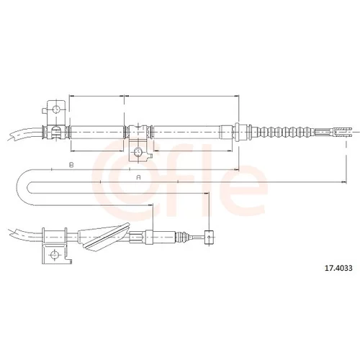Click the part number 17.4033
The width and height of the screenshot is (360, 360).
(x=338, y=268)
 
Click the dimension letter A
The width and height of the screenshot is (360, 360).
(x=138, y=177)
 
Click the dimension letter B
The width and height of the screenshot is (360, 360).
(x=71, y=165)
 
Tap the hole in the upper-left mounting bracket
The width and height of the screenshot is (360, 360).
(x=56, y=109)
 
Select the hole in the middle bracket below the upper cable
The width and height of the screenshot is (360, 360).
(x=138, y=152)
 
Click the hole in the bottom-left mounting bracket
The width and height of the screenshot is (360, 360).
(x=54, y=254)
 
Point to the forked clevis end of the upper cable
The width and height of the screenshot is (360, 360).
(x=341, y=132)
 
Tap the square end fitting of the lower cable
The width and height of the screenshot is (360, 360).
(x=209, y=237)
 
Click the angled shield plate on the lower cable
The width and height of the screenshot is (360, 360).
(x=106, y=237)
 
